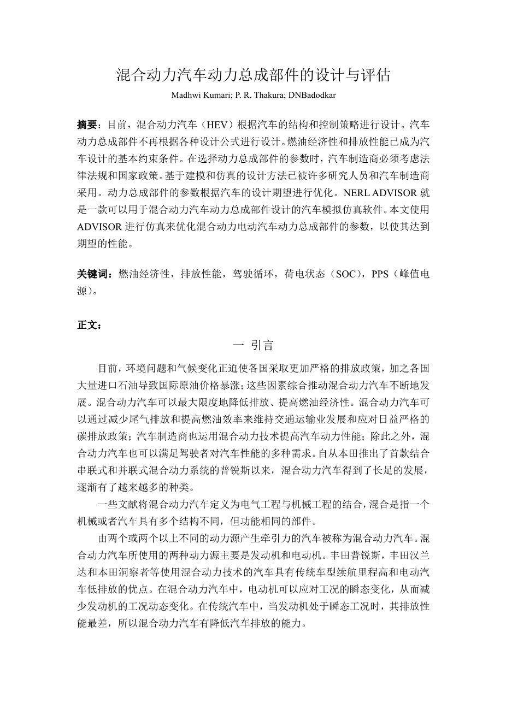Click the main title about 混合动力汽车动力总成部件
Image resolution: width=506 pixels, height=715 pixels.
coord(253,75)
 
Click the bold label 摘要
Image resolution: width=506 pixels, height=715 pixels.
coord(86,124)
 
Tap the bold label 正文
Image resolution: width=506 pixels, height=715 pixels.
coord(86,326)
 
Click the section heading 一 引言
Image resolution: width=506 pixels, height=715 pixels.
coord(253,345)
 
